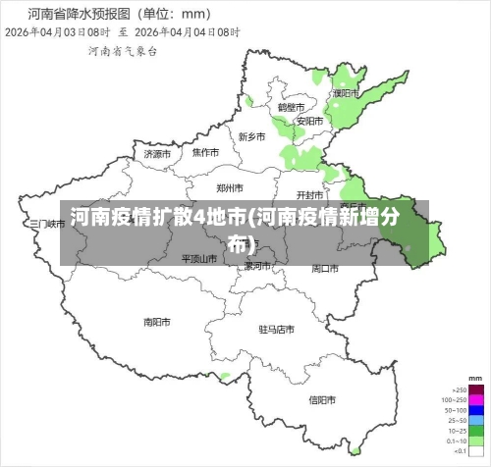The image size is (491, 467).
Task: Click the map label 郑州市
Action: click(230, 187)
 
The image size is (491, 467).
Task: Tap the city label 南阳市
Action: click(157, 321)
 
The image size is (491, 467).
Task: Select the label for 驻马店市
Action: click(277, 329)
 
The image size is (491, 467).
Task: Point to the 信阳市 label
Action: click(323, 399)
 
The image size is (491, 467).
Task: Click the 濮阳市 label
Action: click(346, 93)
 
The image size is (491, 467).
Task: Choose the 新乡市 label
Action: click(252, 136)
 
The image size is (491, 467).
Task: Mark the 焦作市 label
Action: click(205, 152)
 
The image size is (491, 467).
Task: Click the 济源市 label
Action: click(157, 154)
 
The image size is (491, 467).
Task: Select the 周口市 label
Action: click(325, 268)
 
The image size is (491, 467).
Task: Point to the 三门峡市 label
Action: click(46, 224)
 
